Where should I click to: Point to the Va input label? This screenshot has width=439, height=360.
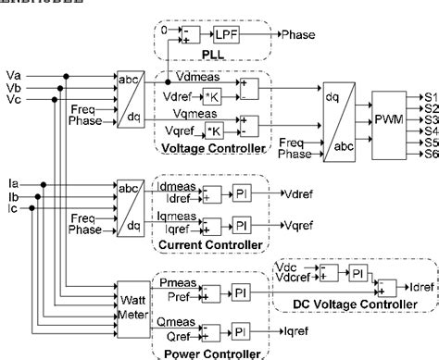(14, 73)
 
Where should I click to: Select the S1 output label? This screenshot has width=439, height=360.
(431, 95)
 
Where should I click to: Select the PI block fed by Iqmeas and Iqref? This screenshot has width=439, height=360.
(241, 226)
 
